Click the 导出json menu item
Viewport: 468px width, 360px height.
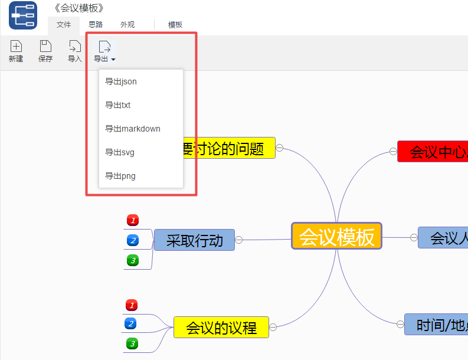click(121, 81)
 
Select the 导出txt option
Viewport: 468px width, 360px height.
click(118, 105)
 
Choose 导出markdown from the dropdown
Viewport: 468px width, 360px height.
click(133, 129)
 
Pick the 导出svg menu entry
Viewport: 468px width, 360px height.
click(120, 152)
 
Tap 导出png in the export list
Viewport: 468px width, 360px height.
click(120, 176)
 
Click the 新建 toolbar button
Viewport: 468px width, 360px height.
click(16, 51)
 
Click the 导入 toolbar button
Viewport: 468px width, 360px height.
click(74, 51)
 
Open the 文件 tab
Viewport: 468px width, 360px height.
click(64, 25)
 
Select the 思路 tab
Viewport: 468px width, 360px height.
click(96, 25)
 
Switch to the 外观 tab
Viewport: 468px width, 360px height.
click(127, 25)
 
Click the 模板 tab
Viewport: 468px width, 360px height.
click(175, 25)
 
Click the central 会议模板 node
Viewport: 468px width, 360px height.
click(336, 236)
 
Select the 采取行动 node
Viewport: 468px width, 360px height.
click(194, 240)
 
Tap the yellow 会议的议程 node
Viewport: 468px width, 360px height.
click(221, 328)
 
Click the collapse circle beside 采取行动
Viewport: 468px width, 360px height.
click(239, 240)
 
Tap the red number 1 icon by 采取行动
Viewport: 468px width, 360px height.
click(133, 221)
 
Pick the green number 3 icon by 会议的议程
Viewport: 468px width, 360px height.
click(132, 343)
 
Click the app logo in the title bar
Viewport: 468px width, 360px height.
click(23, 15)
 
